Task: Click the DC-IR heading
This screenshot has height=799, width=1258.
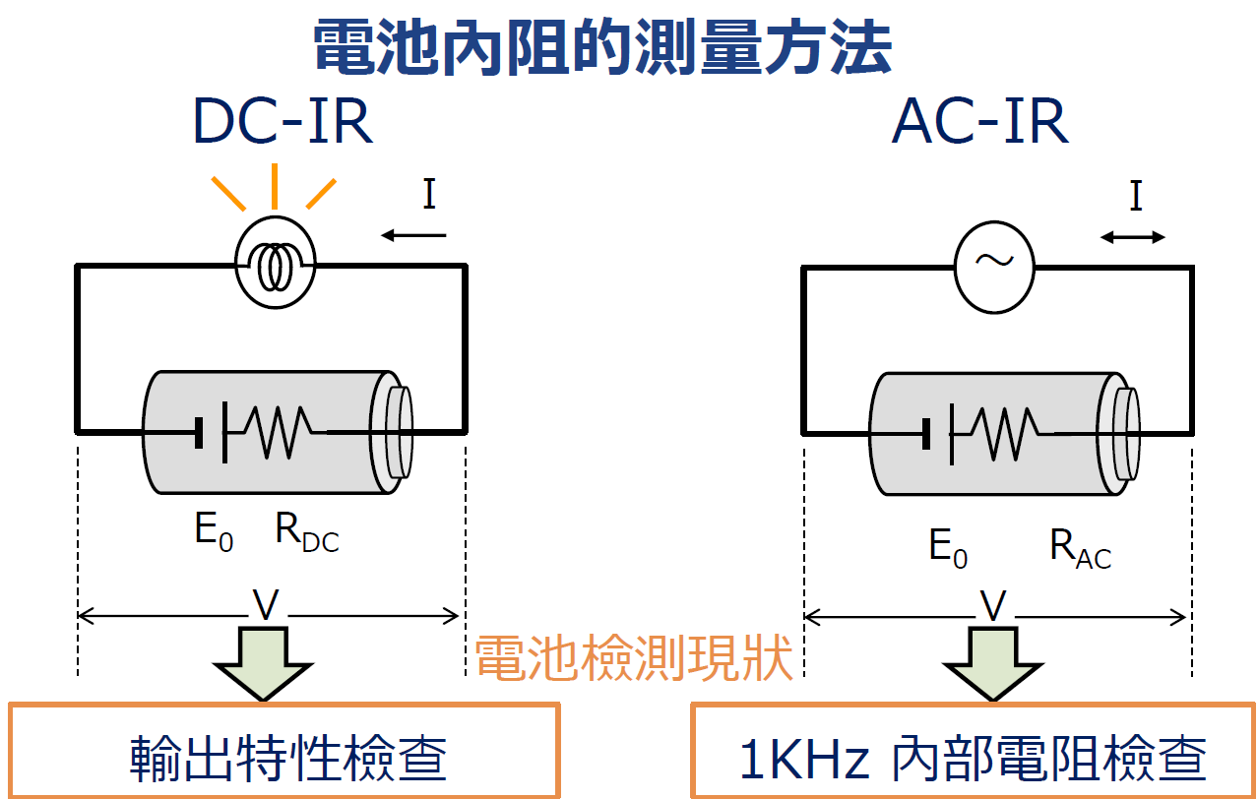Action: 283,123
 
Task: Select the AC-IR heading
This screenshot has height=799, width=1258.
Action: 979,123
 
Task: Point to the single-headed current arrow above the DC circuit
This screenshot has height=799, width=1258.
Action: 413,235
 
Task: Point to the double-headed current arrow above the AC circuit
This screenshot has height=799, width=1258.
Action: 1133,237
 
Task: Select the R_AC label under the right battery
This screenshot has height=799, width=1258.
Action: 1080,549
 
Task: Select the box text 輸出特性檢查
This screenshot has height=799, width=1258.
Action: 288,758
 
